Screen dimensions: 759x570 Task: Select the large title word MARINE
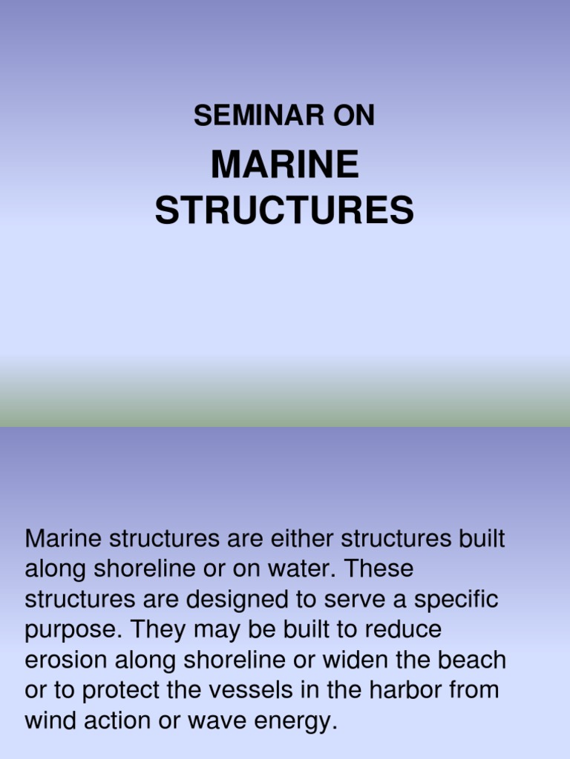285,165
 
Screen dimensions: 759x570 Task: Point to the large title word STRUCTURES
285,211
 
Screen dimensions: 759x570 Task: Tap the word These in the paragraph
379,569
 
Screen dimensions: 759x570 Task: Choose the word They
157,630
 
